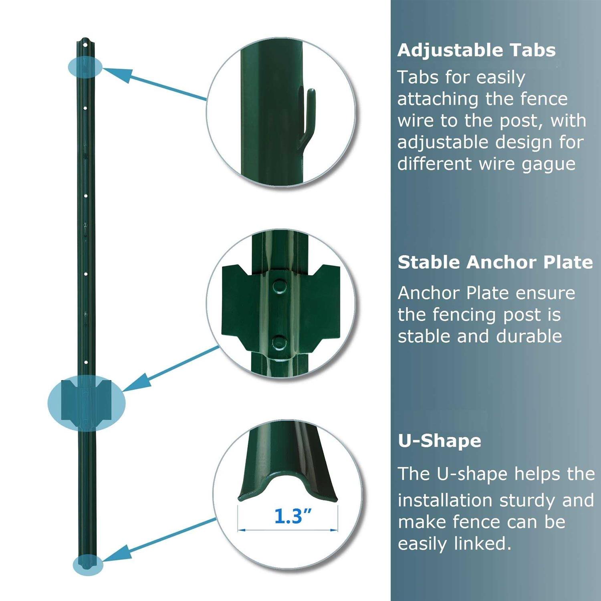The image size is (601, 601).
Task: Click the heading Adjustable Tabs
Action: click(476, 50)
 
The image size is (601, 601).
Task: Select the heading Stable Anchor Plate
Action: click(495, 262)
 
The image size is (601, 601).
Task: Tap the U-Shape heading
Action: click(439, 441)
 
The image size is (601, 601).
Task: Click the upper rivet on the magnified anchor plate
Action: click(279, 286)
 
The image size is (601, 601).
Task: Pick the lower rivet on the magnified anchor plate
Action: click(279, 343)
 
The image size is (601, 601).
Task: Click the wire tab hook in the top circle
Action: click(308, 116)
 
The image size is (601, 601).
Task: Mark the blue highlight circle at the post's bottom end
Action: click(88, 565)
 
